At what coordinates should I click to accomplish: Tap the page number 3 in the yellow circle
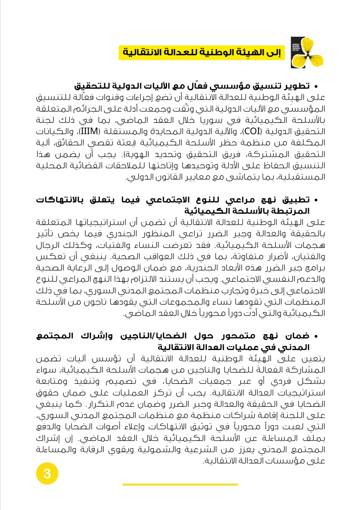[x=47, y=474]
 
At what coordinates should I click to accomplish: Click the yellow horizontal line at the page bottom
[x=180, y=484]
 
